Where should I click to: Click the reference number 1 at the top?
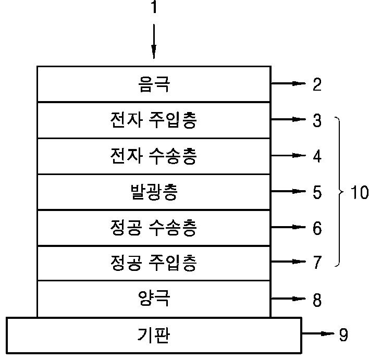pos(154,7)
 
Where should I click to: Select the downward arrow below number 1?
pos(154,41)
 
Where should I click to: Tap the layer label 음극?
pos(154,84)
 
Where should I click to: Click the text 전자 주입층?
pos(153,120)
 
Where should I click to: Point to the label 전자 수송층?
pos(153,156)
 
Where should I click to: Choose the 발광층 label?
pos(154,192)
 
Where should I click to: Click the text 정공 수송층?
pos(153,228)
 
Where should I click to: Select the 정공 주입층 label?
pos(153,263)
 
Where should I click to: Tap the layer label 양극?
pos(154,299)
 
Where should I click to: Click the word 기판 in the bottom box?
pos(153,335)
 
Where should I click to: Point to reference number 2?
pos(317,84)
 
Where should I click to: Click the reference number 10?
pos(359,192)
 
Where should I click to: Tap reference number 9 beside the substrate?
pos(343,334)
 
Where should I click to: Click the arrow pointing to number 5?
pos(289,191)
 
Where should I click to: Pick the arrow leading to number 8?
pos(289,299)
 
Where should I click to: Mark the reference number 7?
pos(317,263)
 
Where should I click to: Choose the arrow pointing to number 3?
pos(289,119)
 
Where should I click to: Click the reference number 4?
pos(317,156)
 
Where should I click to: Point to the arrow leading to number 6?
pos(289,227)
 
